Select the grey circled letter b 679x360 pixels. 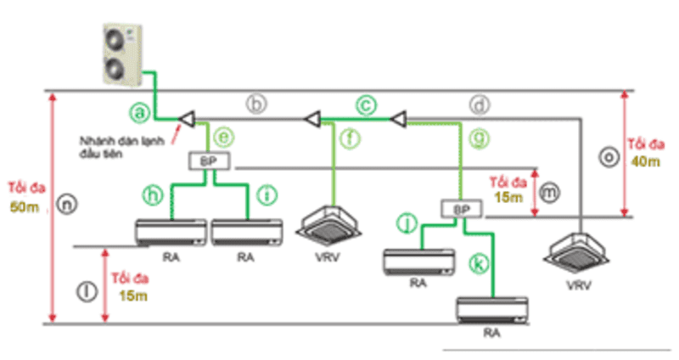coord(257,104)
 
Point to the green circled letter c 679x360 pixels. coord(366,104)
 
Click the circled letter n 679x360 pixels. coord(68,203)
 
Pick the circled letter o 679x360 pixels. coord(606,157)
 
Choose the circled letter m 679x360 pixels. coord(551,194)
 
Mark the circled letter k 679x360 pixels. coord(480,264)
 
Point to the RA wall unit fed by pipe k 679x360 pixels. coord(492,309)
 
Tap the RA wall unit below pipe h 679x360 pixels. coord(173,232)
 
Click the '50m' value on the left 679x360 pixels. coord(24,208)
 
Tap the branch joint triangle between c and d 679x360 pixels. coord(396,119)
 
